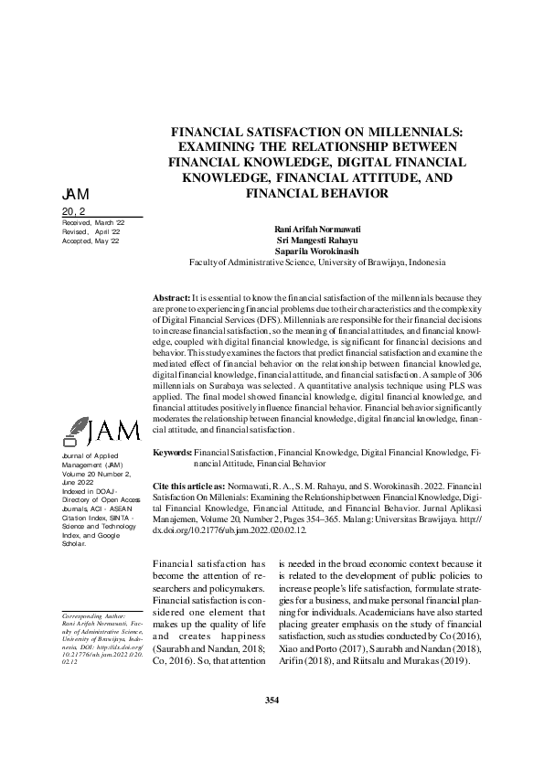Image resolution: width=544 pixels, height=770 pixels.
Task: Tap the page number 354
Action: (x=272, y=700)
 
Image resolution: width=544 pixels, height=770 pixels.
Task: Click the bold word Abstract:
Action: (x=172, y=297)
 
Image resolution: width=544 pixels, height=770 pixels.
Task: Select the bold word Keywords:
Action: (x=173, y=453)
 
